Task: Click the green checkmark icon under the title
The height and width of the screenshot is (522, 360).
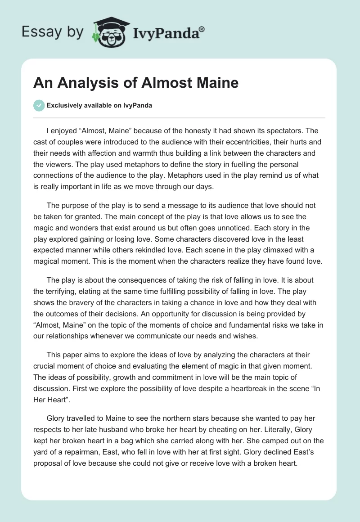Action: coord(39,105)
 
